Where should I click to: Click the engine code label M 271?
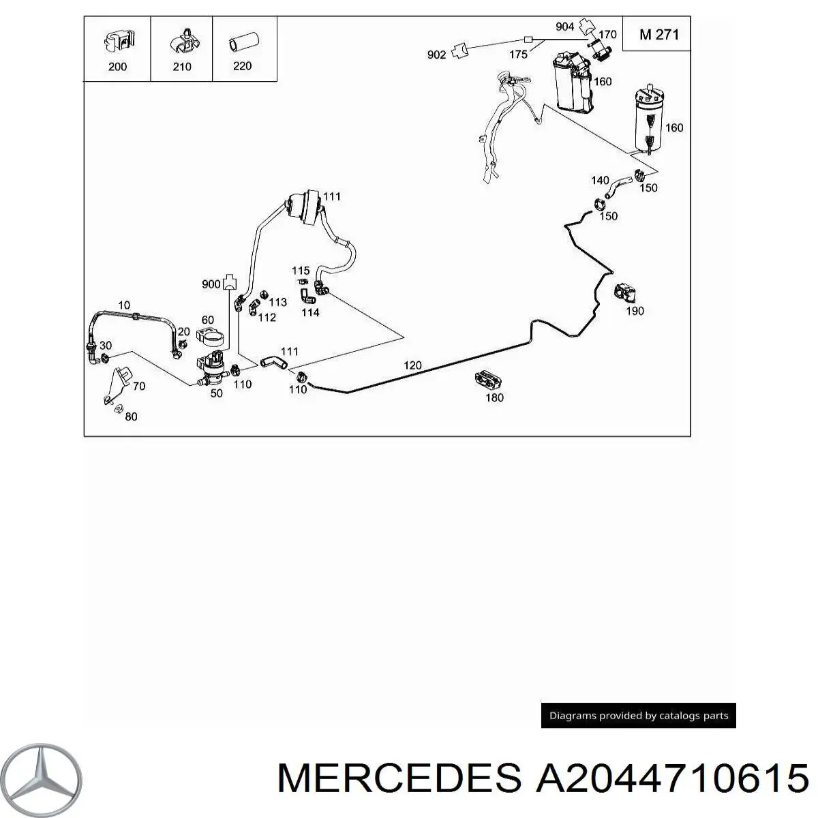click(x=658, y=33)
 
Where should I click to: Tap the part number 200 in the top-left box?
click(x=117, y=67)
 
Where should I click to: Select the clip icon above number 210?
click(x=182, y=40)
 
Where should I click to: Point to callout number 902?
click(x=436, y=55)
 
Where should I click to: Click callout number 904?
click(x=564, y=27)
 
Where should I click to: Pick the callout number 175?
click(x=518, y=55)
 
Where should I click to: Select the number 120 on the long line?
click(x=412, y=365)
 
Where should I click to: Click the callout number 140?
click(x=600, y=181)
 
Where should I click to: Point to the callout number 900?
click(x=211, y=284)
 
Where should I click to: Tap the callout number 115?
click(x=301, y=271)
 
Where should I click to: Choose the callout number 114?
click(x=310, y=313)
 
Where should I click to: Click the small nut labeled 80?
click(x=117, y=408)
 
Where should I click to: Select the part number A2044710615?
click(x=671, y=778)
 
